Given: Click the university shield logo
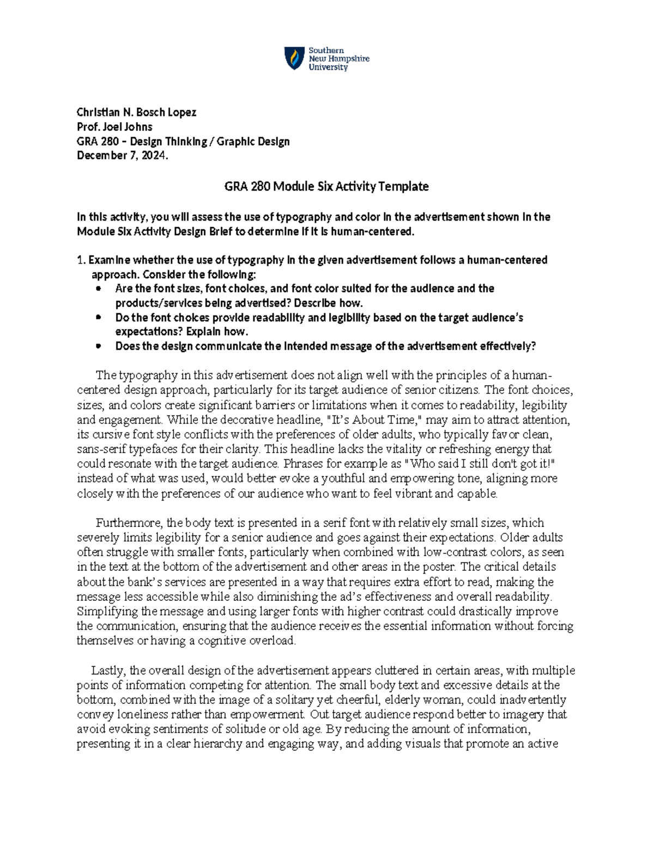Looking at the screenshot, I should tap(294, 58).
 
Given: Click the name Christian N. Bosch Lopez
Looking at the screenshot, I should tap(136, 112).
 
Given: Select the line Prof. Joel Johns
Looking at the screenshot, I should tap(114, 127).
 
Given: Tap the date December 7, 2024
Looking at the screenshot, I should tap(123, 156).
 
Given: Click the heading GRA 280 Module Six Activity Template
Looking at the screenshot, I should tap(326, 186).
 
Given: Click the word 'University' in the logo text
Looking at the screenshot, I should tap(328, 68).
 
